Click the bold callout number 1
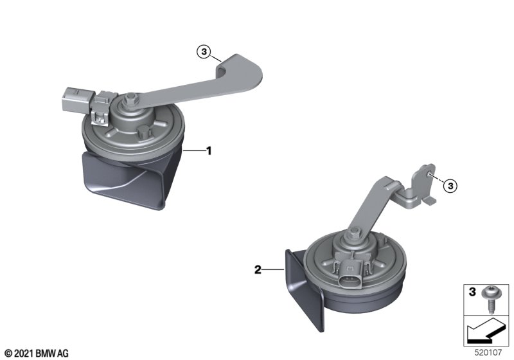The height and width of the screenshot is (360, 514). point(208,151)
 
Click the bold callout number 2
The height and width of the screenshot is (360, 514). point(258,270)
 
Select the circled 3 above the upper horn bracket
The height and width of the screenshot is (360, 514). point(204,52)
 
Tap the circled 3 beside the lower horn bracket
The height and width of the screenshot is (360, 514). point(450,186)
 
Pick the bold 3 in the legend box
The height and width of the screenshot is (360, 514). point(472,291)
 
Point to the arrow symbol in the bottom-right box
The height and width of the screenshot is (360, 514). point(486,332)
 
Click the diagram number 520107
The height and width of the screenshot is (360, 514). point(488,353)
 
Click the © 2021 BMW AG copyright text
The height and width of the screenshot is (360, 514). point(37,354)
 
